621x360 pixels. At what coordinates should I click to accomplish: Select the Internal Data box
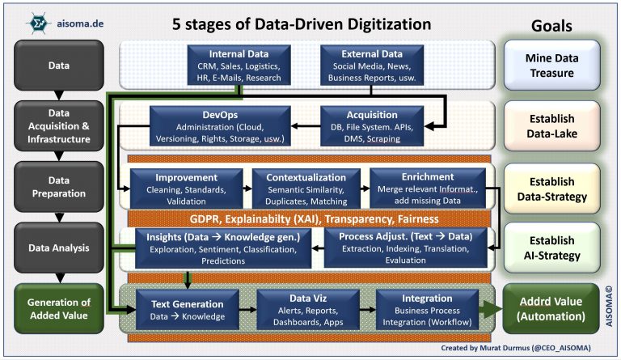[234, 65]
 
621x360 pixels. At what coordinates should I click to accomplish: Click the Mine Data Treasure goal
[552, 65]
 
